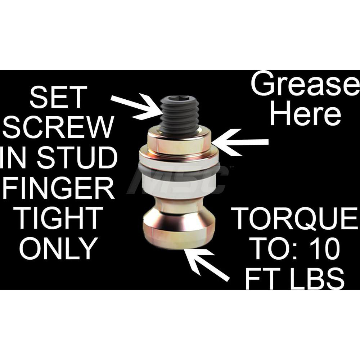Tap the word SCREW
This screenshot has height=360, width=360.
58,127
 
